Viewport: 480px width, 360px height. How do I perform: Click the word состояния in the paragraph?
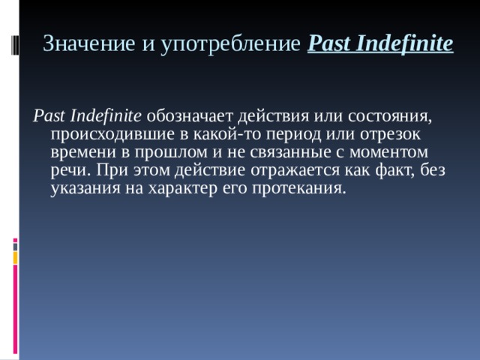(x=394, y=116)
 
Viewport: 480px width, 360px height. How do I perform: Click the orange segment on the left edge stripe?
(x=15, y=257)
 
